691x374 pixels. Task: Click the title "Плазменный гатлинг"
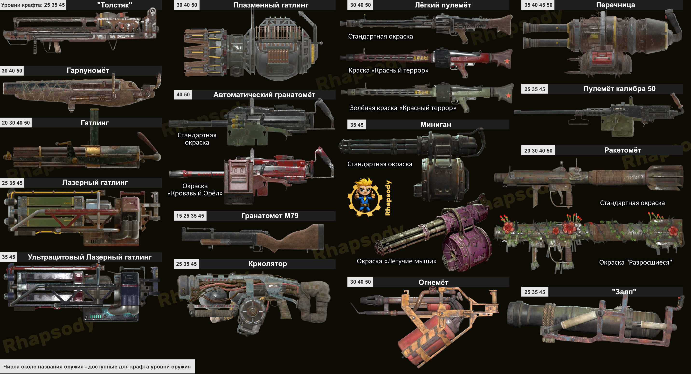270,5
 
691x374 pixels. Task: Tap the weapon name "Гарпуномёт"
88,70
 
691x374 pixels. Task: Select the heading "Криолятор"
267,264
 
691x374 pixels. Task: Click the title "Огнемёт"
433,282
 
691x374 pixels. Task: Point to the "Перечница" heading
615,5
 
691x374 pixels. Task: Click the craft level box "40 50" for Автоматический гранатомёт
183,94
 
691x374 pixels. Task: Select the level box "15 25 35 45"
190,216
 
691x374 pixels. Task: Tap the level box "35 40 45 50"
538,5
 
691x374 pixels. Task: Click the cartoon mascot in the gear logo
364,197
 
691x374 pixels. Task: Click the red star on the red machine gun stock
507,61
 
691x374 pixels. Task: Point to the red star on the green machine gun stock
508,95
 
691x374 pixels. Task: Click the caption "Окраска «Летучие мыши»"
396,261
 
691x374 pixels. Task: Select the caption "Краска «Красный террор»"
388,70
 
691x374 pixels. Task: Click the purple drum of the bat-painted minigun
467,250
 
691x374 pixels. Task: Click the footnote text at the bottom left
97,367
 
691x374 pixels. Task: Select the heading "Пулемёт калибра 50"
619,89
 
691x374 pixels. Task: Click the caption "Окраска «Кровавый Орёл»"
195,189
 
